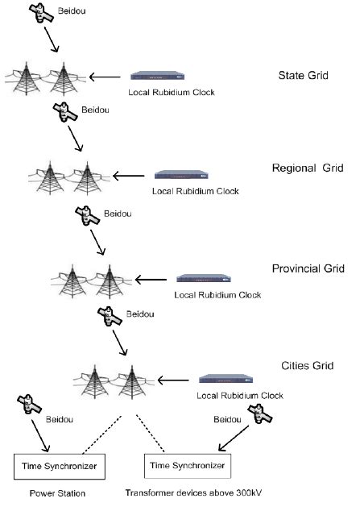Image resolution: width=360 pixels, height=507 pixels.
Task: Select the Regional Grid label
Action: (x=308, y=168)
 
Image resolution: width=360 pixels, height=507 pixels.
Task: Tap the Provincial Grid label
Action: (x=309, y=268)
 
